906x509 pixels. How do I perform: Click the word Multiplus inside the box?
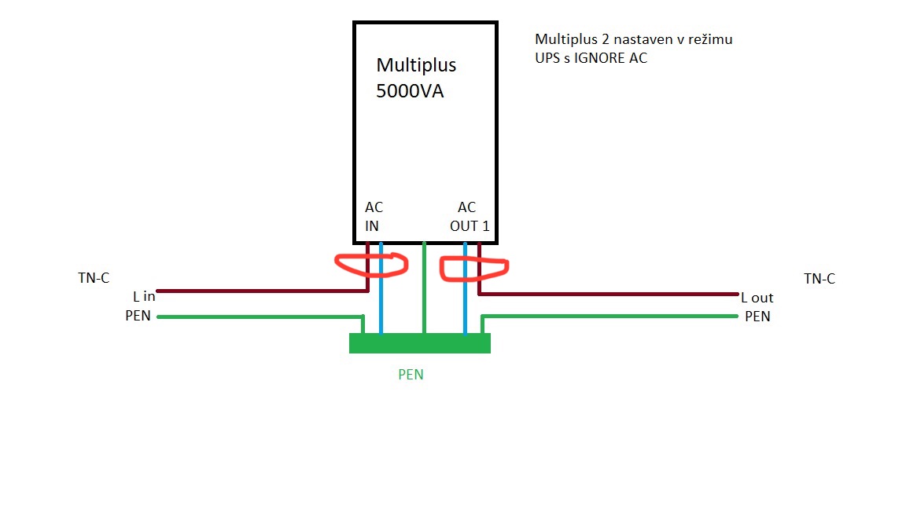[416, 65]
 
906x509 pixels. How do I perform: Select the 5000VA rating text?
[410, 91]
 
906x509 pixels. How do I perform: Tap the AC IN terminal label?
[374, 217]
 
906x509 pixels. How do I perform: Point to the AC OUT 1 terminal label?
[470, 217]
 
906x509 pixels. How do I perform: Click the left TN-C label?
[94, 278]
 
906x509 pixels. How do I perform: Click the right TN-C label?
[819, 279]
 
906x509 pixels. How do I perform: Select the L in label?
[144, 297]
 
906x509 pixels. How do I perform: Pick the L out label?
[757, 298]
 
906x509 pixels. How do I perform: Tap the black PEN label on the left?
[138, 316]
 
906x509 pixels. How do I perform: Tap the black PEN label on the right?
[757, 317]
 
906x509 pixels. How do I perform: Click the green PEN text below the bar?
[411, 375]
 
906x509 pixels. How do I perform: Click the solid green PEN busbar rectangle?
[420, 342]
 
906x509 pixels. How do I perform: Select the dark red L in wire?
[263, 291]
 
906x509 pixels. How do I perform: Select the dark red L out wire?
[608, 295]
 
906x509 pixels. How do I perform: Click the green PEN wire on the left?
[260, 317]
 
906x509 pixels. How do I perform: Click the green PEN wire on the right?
[610, 316]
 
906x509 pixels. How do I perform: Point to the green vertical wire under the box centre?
[424, 288]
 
